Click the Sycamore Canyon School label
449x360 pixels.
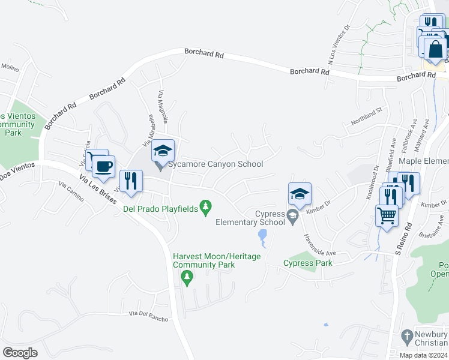(215, 164)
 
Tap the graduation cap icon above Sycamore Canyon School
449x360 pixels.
(162, 151)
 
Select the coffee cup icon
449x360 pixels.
(104, 166)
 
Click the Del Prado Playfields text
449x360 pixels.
(161, 209)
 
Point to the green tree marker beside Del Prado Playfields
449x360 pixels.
(206, 207)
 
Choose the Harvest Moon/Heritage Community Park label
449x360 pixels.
(217, 260)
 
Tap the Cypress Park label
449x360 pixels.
(307, 263)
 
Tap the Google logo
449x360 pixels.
(20, 353)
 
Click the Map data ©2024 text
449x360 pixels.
(423, 355)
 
